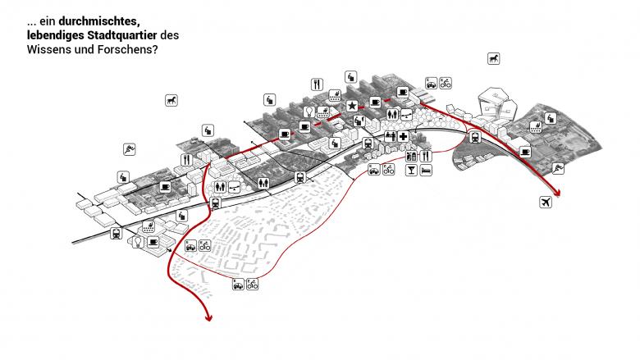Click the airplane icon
[544, 201]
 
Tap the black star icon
[352, 107]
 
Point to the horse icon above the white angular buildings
[494, 58]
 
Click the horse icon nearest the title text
[170, 101]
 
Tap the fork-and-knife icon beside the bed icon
[424, 155]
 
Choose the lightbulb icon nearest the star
[309, 112]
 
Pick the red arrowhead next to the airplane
[559, 194]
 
